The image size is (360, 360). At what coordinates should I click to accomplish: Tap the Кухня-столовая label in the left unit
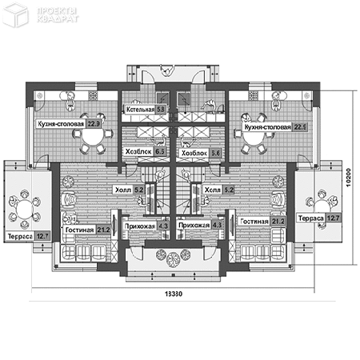61,125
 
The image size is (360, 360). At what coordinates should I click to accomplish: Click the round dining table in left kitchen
92,139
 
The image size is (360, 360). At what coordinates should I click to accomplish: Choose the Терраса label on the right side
310,218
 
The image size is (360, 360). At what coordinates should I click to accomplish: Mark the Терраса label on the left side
18,237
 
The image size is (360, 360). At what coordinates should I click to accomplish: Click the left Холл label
122,190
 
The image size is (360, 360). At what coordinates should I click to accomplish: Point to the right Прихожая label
194,226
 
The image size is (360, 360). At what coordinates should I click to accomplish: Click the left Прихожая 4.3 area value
163,226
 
